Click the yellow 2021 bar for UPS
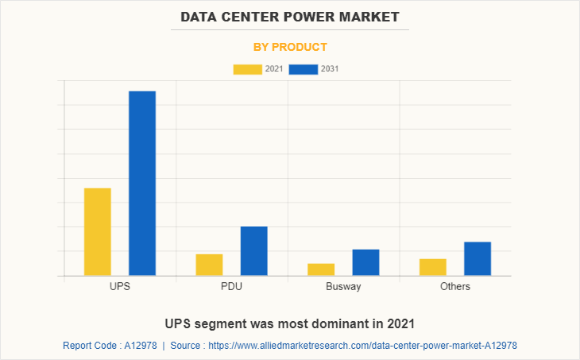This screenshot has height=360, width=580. pos(98,232)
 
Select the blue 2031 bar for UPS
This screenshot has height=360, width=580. pos(142,184)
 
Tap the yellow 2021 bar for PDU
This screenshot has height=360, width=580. pos(209,265)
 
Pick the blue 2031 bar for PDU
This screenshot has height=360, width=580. pos(253,251)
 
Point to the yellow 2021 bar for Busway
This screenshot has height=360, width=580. pos(321,269)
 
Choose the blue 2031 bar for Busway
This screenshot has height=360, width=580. pos(365,262)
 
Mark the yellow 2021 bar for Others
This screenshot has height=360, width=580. pos(433,267)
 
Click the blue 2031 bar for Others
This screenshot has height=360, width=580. pos(478,258)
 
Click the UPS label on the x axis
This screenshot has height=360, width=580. pos(120,286)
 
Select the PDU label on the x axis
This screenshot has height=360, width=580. pos(232,286)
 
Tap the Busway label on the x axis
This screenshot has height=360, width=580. pos(343,286)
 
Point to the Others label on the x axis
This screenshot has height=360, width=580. pos(455,286)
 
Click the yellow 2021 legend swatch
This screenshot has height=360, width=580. pos(247,69)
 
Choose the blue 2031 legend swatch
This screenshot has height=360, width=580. pos(304,69)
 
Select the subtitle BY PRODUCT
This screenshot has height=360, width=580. pos(290,47)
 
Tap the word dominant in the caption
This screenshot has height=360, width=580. pos(334,323)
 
